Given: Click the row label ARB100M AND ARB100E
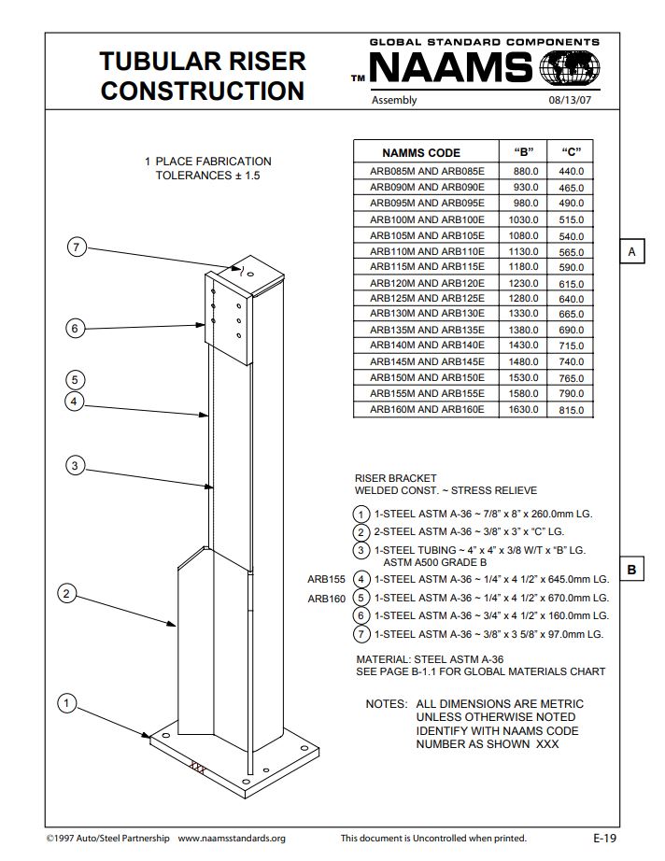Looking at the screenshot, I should [x=427, y=219].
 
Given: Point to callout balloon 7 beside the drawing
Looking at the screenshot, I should [x=78, y=247].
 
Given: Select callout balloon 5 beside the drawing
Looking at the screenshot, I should [x=76, y=379].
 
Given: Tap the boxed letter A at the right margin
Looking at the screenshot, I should [x=631, y=252].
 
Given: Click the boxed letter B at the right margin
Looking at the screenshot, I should [x=631, y=570].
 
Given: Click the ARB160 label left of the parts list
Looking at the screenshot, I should [x=327, y=599].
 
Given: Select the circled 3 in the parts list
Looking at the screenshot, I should [x=361, y=550].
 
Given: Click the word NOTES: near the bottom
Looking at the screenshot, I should [x=386, y=703].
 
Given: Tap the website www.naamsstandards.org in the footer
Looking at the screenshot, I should [x=232, y=839].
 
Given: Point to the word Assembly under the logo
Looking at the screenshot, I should [x=394, y=101].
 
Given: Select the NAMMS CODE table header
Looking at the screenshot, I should [x=421, y=152].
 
